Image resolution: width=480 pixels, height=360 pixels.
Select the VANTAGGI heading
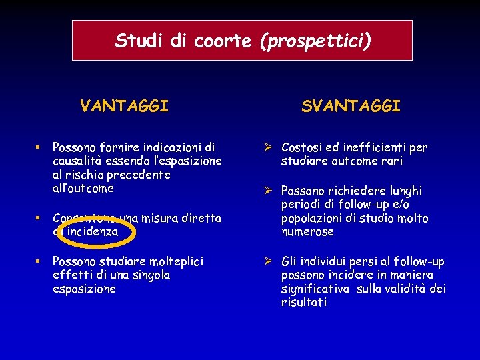pos(124,105)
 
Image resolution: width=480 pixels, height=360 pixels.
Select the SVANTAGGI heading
pos(351,105)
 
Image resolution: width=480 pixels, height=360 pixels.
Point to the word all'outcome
pos(83,188)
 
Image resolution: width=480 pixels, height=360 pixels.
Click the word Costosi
pos(303,147)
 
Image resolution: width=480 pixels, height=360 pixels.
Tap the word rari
pos(392,161)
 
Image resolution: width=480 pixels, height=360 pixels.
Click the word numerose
pos(307,232)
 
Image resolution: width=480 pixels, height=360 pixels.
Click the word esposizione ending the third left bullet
pos(84,289)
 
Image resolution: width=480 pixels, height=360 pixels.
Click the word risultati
pos(304,302)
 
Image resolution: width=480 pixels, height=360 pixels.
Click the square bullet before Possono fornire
pos(40,146)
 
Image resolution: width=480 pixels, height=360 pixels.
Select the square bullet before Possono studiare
pos(40,261)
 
